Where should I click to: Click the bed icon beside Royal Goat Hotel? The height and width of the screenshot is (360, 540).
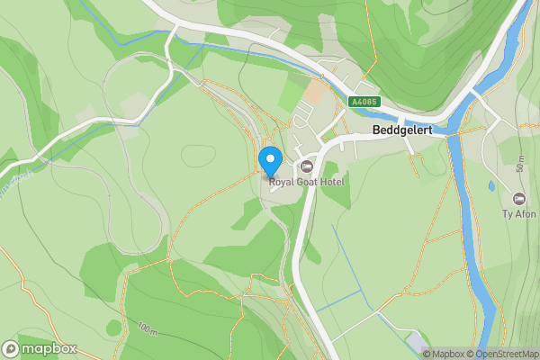pos(307,166)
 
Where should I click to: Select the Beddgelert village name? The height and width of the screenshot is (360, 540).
pos(402,130)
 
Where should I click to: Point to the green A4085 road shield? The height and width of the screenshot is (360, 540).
pos(363,103)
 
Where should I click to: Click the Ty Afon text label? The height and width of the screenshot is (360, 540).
pos(518,214)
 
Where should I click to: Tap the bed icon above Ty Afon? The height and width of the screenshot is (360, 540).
pos(518,199)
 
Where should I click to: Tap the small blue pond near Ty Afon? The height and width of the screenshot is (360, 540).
pos(490,186)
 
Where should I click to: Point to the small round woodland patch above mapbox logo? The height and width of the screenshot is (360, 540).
pos(113,328)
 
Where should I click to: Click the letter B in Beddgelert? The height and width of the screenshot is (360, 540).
pos(377,130)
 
